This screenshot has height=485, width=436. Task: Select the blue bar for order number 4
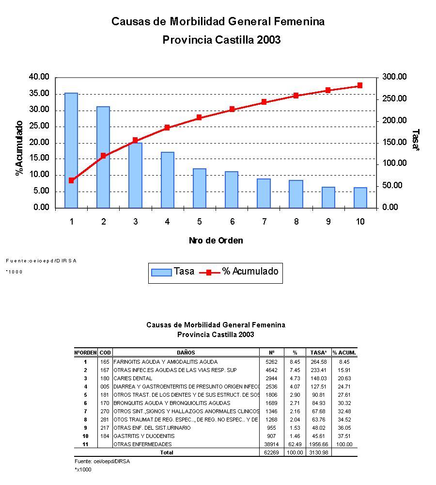pos(167,179)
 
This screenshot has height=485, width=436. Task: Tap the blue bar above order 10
pos(360,197)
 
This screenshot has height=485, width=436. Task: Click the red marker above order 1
pos(71,180)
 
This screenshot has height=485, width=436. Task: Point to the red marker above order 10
pos(360,85)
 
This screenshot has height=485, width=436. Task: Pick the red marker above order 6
pos(232,109)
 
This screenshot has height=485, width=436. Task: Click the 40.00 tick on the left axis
pos(39,77)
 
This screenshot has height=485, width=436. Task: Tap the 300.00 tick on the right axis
pos(394,77)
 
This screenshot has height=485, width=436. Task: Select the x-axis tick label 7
pos(264,222)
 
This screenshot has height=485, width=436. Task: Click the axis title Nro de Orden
pos(216,241)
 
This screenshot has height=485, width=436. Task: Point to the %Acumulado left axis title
pos(19,148)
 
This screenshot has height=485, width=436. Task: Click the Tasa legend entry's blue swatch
pos(161,272)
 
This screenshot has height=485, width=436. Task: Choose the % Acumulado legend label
pos(250,272)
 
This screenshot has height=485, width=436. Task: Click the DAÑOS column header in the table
pos(186,353)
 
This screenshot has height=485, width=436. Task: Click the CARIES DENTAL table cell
pos(133,378)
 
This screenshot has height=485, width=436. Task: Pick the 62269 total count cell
pos(271,453)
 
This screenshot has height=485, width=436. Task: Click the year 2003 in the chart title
pos(269,40)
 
